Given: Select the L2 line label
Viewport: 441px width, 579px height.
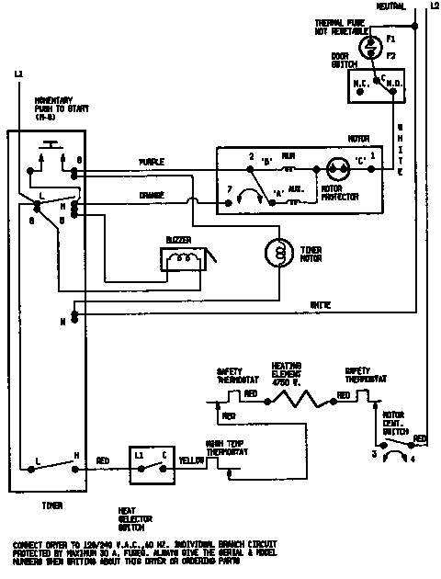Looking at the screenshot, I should tap(434, 6).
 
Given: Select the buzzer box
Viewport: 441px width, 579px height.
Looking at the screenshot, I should tap(185, 260).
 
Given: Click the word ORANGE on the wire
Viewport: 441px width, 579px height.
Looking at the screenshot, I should tap(152, 195).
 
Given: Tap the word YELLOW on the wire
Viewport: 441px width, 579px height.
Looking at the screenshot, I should tap(191, 460).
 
